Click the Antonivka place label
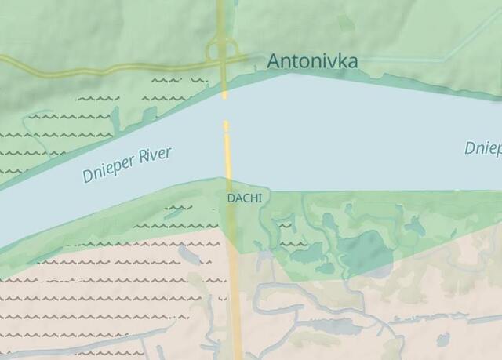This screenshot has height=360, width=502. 312,60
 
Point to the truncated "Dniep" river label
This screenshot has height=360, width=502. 482,147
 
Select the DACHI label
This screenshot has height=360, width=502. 244,198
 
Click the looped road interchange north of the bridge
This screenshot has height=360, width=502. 222,53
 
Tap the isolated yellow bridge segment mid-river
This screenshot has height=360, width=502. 227,149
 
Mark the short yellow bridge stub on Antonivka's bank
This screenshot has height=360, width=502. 224,86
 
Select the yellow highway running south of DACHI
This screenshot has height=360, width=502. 235,290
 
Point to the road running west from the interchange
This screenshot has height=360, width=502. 118,69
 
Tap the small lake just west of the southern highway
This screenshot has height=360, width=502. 191,255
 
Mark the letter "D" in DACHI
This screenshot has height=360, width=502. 231,198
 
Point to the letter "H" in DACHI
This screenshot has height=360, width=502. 252,198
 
